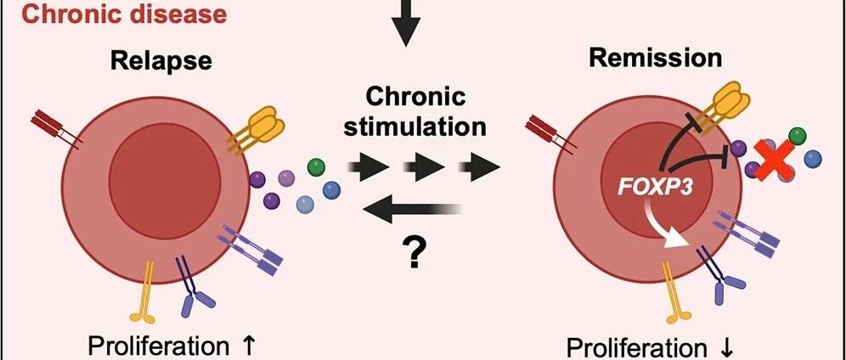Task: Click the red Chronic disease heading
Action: click(125, 14)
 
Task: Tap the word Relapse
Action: click(161, 60)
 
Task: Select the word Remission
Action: click(655, 58)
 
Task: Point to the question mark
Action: click(414, 251)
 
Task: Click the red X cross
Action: click(774, 160)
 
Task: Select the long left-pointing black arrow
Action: click(412, 210)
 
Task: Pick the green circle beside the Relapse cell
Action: click(316, 167)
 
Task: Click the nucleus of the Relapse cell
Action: click(165, 181)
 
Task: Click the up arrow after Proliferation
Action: click(240, 345)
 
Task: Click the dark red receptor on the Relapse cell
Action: click(57, 128)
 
